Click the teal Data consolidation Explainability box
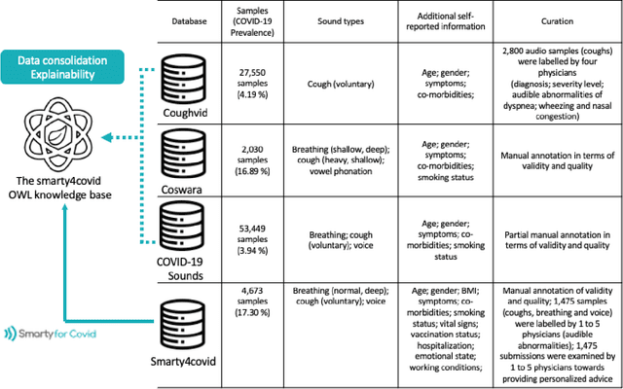(x=61, y=67)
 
